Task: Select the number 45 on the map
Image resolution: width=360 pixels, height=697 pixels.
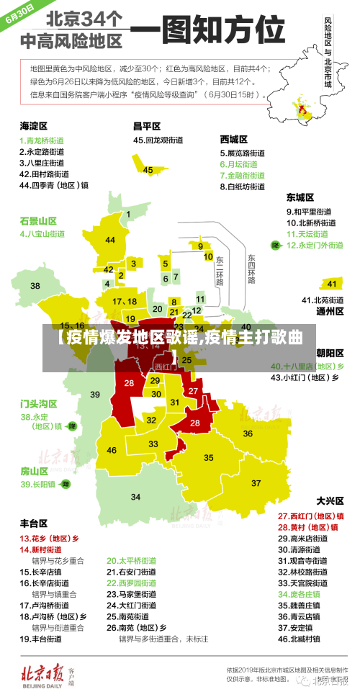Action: coord(148,170)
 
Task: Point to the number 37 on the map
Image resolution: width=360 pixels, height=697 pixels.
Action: coord(256,482)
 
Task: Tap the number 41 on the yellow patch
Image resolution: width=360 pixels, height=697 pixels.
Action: coord(332,283)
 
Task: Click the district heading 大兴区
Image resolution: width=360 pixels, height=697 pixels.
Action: coord(331,500)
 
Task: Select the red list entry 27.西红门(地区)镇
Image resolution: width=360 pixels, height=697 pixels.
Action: coord(310,516)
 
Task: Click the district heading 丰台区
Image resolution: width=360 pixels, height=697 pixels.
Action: coord(34,523)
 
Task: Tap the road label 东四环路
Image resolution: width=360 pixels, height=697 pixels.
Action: coord(251,269)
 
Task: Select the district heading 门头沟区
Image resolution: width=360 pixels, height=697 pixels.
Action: coord(38,403)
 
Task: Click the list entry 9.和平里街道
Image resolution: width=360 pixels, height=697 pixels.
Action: coord(309,212)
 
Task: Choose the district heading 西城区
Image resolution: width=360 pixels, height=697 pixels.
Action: coord(234,139)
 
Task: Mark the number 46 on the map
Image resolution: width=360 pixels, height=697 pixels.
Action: coord(112,450)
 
